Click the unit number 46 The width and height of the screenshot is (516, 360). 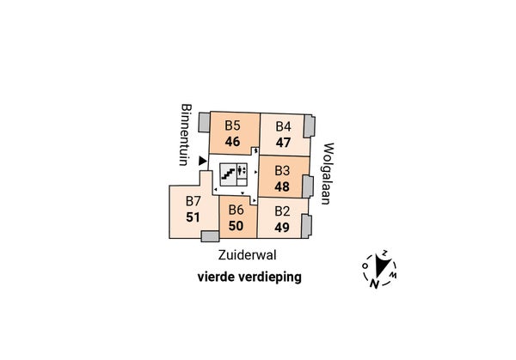point(232,142)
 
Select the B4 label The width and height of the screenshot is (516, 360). point(283,126)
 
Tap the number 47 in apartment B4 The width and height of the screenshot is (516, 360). point(283,143)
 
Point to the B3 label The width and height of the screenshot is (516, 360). point(282,171)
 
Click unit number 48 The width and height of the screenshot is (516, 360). point(282,186)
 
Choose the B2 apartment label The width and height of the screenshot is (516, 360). point(282,211)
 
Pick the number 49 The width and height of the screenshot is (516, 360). point(282,228)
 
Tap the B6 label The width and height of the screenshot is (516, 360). point(236,210)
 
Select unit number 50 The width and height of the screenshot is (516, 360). point(236,226)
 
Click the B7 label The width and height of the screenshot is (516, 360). point(193,201)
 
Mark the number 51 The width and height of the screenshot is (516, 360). point(193,217)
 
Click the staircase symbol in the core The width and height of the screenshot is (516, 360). point(228,174)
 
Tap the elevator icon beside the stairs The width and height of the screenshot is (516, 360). point(242,171)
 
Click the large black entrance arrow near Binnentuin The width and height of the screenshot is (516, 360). point(202,161)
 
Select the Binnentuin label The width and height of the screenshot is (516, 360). point(186,135)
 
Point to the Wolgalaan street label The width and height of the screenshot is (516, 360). point(329,174)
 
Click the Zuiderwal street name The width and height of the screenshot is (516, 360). point(247,255)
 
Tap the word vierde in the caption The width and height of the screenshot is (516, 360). point(216,277)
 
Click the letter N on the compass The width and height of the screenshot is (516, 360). point(373,284)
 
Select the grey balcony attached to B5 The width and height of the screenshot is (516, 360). point(204,123)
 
